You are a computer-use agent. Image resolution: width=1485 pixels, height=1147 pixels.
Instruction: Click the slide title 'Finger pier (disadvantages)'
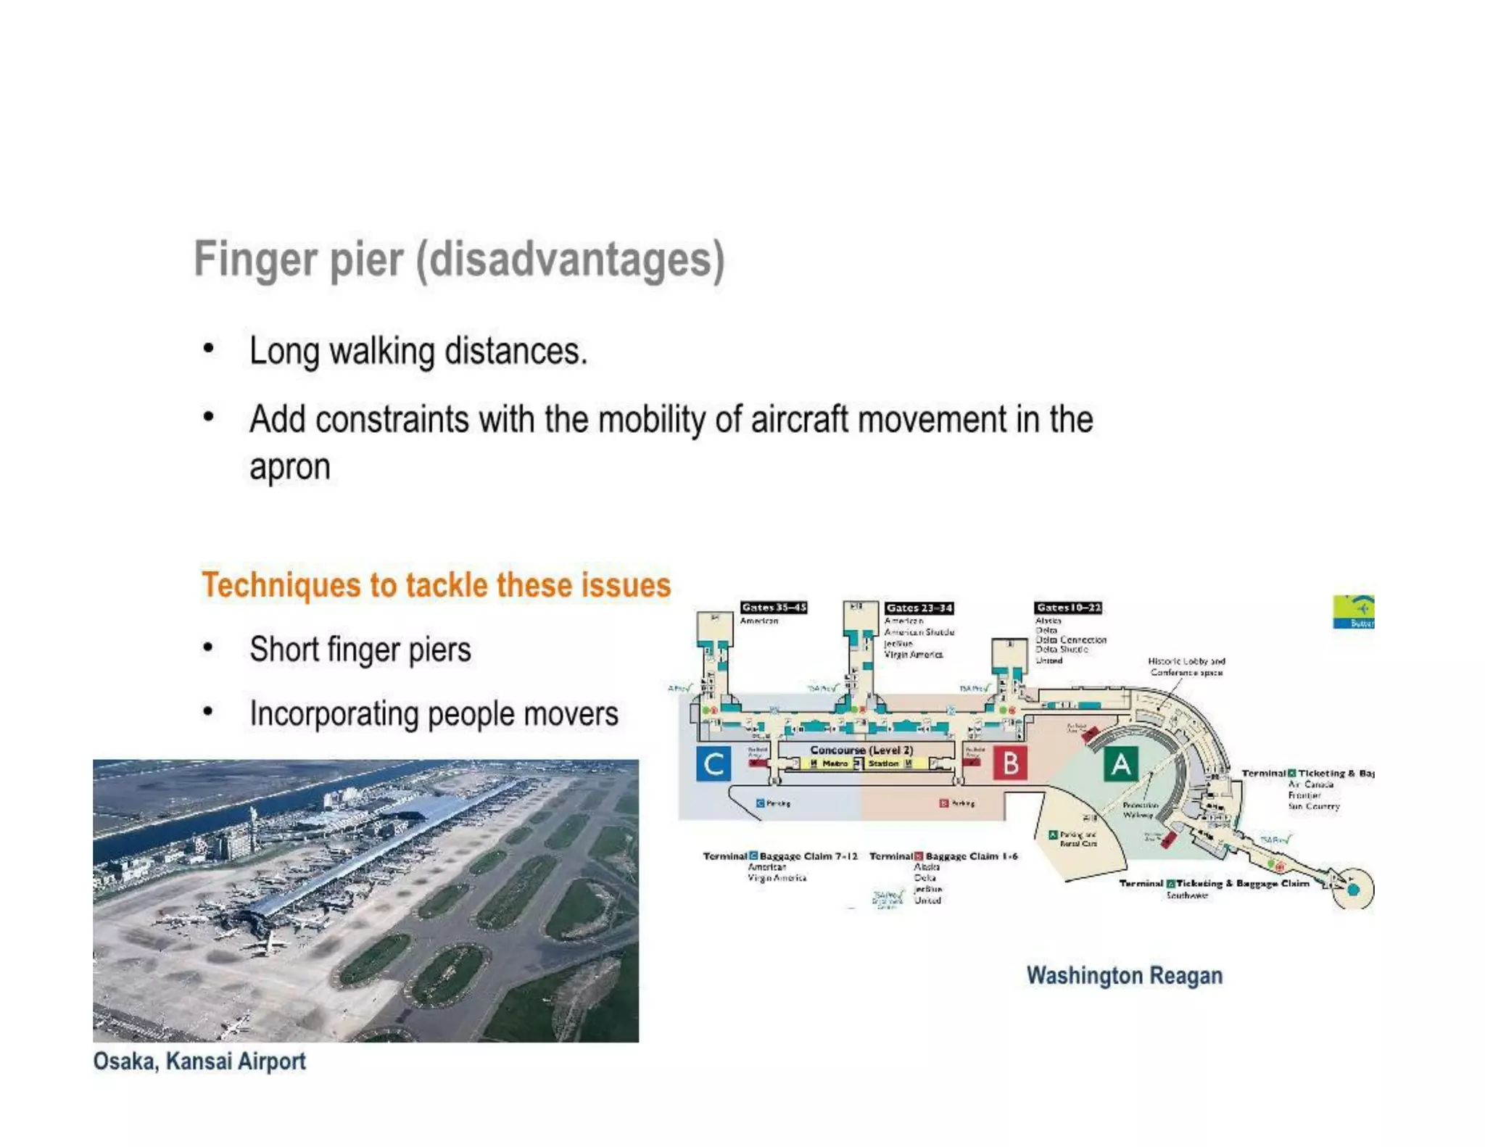(x=459, y=260)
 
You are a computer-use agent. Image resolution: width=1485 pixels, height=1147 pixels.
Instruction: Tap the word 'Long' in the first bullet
(x=284, y=352)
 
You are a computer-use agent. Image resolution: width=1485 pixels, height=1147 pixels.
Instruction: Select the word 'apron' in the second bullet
(x=290, y=466)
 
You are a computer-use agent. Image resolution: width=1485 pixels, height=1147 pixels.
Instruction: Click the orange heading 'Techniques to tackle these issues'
(x=436, y=585)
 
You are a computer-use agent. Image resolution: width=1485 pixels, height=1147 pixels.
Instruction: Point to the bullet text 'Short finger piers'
(x=360, y=650)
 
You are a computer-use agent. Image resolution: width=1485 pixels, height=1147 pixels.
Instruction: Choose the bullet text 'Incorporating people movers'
(x=434, y=714)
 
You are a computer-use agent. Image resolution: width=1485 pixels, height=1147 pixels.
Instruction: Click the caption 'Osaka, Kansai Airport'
(x=199, y=1061)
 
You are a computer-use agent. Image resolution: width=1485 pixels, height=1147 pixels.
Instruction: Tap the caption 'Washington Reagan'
(x=1124, y=976)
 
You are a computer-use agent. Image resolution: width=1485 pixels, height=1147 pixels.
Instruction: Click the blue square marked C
(x=713, y=763)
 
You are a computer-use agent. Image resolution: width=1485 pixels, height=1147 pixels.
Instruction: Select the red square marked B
(x=1009, y=763)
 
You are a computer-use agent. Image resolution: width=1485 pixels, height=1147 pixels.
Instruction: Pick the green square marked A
(x=1120, y=764)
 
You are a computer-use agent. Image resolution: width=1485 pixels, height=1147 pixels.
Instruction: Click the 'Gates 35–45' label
(x=774, y=608)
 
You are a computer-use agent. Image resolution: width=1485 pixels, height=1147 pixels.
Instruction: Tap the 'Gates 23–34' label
(x=919, y=608)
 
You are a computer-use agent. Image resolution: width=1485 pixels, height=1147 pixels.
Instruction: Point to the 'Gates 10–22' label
(x=1068, y=608)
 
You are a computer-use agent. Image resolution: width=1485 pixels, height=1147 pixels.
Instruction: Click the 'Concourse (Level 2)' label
(x=861, y=750)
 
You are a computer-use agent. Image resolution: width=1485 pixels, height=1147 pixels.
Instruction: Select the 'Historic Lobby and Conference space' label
(x=1186, y=667)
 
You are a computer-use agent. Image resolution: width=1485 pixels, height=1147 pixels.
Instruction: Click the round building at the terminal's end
(x=1353, y=889)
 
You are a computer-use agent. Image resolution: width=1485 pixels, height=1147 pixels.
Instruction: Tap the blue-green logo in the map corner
(x=1354, y=612)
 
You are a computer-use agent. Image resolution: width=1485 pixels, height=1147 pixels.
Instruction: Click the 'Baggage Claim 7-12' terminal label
(x=808, y=856)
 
